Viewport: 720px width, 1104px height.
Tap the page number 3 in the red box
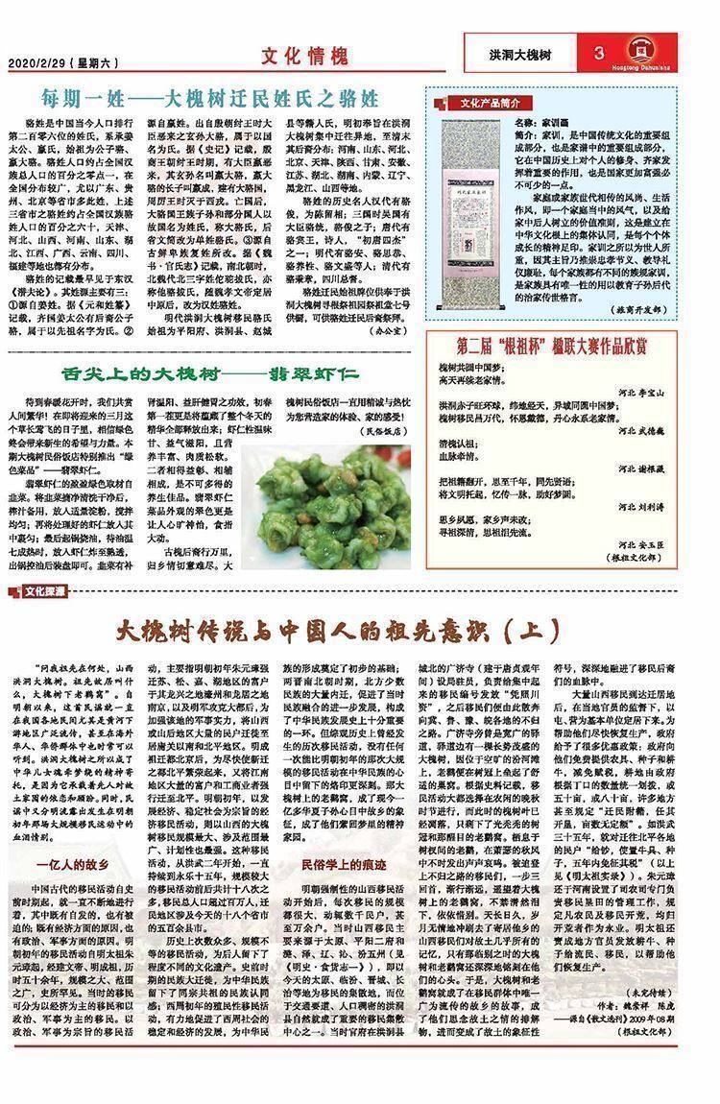point(598,54)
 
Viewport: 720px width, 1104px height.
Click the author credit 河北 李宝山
point(669,393)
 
